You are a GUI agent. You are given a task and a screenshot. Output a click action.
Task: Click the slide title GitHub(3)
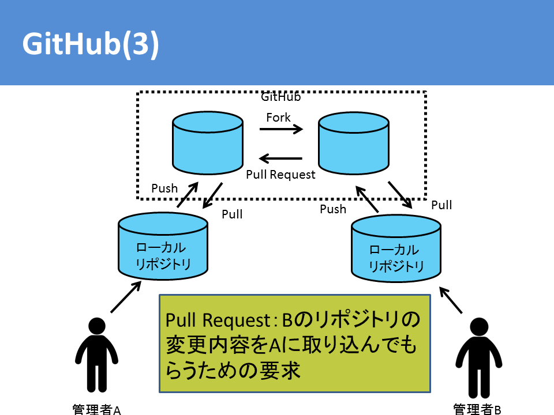pyautogui.click(x=91, y=44)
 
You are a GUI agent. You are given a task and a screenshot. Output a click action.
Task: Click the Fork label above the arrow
pyautogui.click(x=278, y=118)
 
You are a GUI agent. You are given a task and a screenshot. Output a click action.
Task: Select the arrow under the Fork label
pyautogui.click(x=281, y=129)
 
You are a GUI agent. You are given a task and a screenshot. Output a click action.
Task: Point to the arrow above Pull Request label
pyautogui.click(x=280, y=159)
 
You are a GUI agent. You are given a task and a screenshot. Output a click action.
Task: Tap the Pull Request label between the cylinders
pyautogui.click(x=280, y=175)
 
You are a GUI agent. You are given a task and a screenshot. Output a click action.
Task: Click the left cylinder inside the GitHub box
pyautogui.click(x=208, y=143)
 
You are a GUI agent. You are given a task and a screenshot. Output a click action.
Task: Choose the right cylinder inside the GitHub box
pyautogui.click(x=354, y=144)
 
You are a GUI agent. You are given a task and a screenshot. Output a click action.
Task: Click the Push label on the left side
pyautogui.click(x=164, y=188)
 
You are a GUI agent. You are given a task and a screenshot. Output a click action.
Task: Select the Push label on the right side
pyautogui.click(x=333, y=209)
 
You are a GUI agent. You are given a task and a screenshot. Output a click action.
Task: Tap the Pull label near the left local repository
pyautogui.click(x=232, y=214)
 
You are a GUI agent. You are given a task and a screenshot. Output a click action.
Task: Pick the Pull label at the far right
pyautogui.click(x=441, y=205)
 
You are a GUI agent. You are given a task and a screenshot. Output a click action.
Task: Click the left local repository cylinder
pyautogui.click(x=163, y=246)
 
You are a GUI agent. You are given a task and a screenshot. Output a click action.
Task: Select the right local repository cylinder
pyautogui.click(x=396, y=248)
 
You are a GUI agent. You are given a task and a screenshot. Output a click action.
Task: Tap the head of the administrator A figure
pyautogui.click(x=97, y=326)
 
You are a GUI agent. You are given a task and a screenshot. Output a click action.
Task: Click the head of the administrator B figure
pyautogui.click(x=479, y=326)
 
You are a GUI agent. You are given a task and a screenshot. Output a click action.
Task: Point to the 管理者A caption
pyautogui.click(x=96, y=409)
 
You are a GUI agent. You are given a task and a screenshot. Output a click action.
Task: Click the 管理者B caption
pyautogui.click(x=477, y=409)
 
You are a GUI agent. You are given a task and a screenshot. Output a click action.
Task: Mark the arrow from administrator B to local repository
pyautogui.click(x=451, y=300)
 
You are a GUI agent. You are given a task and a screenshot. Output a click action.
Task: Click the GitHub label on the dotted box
pyautogui.click(x=281, y=97)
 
